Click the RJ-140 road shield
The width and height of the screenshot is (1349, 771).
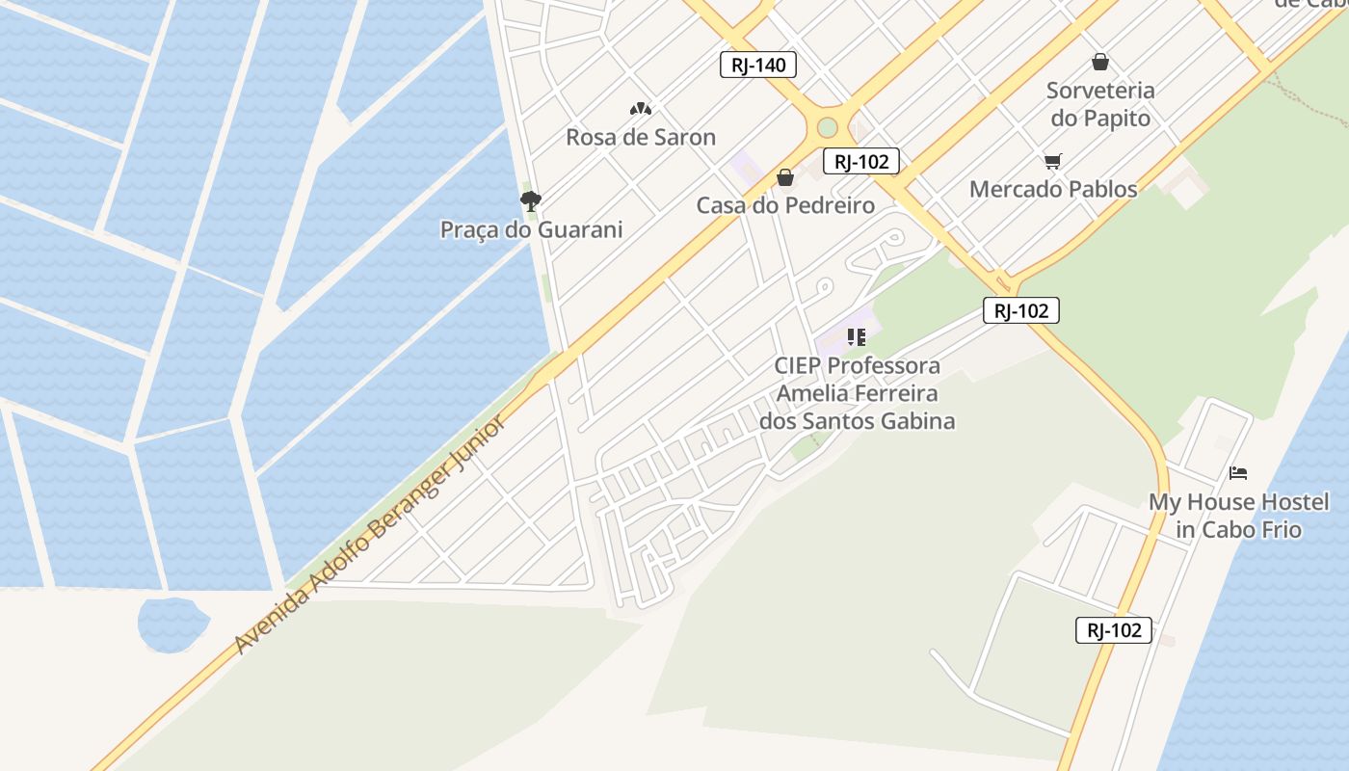click(758, 65)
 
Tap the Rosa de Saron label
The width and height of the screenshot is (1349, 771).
click(641, 137)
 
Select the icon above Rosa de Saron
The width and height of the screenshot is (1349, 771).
click(641, 109)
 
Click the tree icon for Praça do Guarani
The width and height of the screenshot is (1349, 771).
click(530, 201)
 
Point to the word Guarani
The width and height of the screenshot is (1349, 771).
click(578, 229)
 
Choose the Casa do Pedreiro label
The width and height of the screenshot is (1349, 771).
click(785, 204)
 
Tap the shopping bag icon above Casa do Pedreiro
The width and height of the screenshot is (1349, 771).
click(785, 177)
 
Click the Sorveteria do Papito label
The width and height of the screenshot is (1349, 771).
click(1100, 104)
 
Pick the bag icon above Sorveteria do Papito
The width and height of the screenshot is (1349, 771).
click(1100, 63)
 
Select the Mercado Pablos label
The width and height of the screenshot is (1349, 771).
click(1053, 189)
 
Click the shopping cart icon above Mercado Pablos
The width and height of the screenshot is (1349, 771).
click(1052, 162)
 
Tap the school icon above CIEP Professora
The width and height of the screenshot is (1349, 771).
click(856, 337)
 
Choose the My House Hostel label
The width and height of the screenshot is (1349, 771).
click(1238, 516)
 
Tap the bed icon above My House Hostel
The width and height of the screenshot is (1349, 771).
click(1238, 473)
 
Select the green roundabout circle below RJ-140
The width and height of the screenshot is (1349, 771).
click(827, 127)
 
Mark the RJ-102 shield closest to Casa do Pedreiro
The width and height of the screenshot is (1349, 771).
click(860, 162)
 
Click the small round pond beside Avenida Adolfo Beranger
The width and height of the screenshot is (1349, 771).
click(172, 624)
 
